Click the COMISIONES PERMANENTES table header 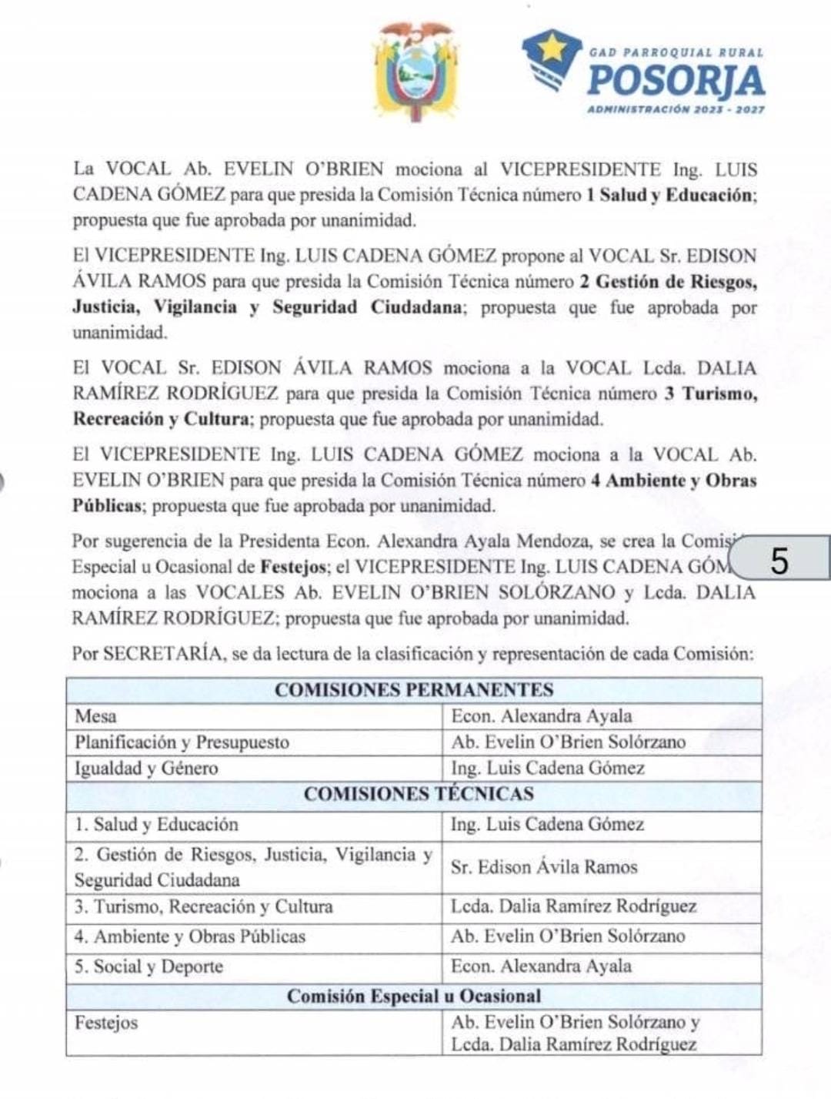click(x=414, y=689)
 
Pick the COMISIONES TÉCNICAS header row click(x=414, y=794)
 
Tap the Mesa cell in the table click(x=96, y=716)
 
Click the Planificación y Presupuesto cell click(x=182, y=742)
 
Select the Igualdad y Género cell click(x=146, y=768)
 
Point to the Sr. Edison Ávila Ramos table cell click(x=544, y=867)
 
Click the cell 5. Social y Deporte click(x=149, y=967)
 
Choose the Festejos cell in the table click(x=106, y=1023)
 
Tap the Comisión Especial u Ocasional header click(x=414, y=996)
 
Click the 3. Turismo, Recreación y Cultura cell click(x=204, y=906)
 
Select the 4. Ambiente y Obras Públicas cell click(x=190, y=936)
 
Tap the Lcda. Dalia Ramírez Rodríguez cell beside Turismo click(x=574, y=906)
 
